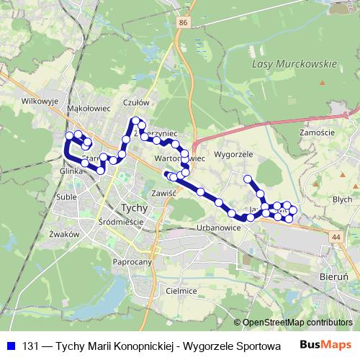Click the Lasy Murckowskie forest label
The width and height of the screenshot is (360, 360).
click(x=295, y=64)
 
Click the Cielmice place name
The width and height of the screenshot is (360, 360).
click(x=181, y=290)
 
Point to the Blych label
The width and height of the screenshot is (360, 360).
click(x=342, y=199)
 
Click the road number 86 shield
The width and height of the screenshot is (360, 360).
click(x=184, y=24)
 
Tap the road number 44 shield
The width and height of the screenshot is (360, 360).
click(x=336, y=236)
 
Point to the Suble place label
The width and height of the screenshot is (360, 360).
click(x=67, y=196)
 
